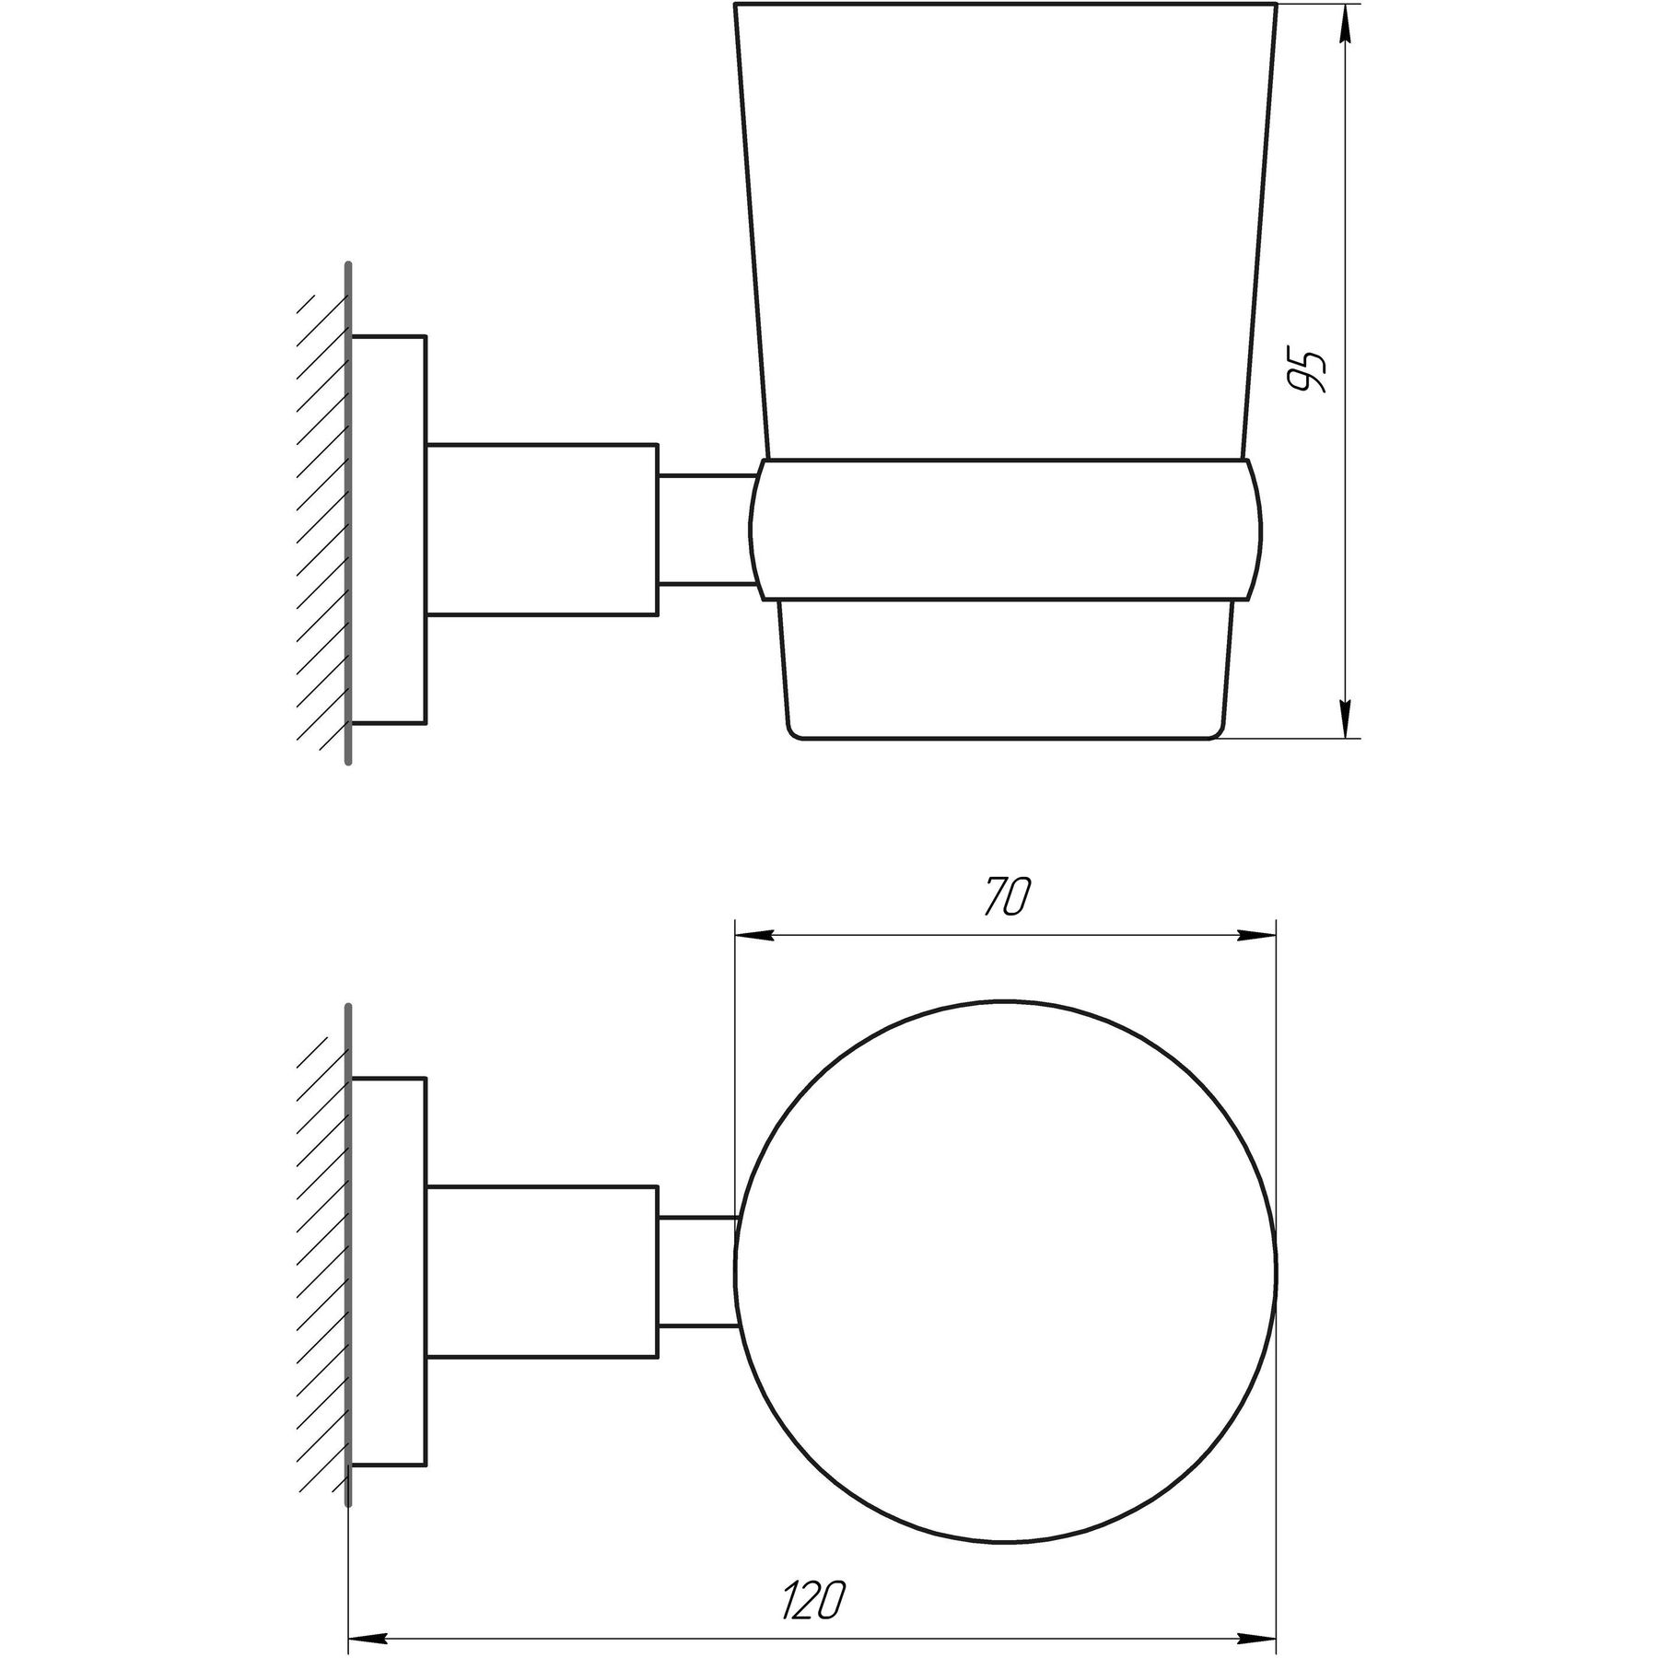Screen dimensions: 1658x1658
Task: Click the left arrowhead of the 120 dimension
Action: point(367,1613)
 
